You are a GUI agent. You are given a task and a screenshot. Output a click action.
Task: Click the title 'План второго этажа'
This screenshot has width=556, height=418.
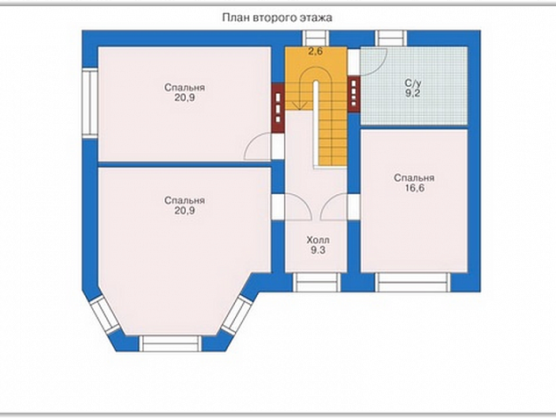(x=277, y=18)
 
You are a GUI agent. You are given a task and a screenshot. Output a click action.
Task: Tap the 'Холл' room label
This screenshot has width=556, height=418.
(x=317, y=240)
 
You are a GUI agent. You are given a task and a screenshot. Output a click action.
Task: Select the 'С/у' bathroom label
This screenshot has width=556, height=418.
(x=413, y=83)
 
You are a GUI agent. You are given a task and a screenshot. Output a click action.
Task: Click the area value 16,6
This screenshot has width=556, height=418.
(x=415, y=188)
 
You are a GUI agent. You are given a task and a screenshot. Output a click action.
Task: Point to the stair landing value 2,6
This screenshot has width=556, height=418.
(x=315, y=52)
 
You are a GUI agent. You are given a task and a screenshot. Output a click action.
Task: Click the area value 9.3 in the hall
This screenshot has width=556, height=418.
(x=318, y=250)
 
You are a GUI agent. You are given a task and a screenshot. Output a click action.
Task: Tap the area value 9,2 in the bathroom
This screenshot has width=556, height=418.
(x=413, y=93)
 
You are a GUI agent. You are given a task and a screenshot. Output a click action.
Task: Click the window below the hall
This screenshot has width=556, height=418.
(x=317, y=283)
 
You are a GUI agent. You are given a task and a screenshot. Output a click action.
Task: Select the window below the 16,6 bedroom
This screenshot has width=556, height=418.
(x=413, y=283)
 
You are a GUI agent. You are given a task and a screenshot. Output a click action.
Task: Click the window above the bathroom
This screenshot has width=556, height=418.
(x=391, y=39)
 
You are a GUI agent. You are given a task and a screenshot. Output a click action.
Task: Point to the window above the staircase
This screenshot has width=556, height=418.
(x=316, y=39)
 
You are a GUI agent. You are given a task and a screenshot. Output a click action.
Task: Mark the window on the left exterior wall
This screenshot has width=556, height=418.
(x=90, y=103)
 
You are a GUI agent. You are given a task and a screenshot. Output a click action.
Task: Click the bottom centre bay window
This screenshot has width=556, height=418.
(x=170, y=343)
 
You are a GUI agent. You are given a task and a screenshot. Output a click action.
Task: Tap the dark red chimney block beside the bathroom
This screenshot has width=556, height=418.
(x=354, y=94)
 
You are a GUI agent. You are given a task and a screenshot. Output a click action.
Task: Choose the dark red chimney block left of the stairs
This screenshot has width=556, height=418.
(x=278, y=108)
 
